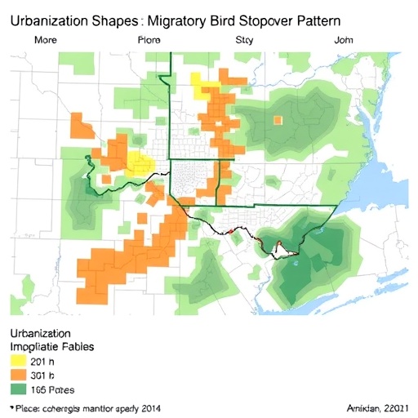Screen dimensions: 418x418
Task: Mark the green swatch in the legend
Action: (16, 390)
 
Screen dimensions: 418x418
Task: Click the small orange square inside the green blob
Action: (278, 120)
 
